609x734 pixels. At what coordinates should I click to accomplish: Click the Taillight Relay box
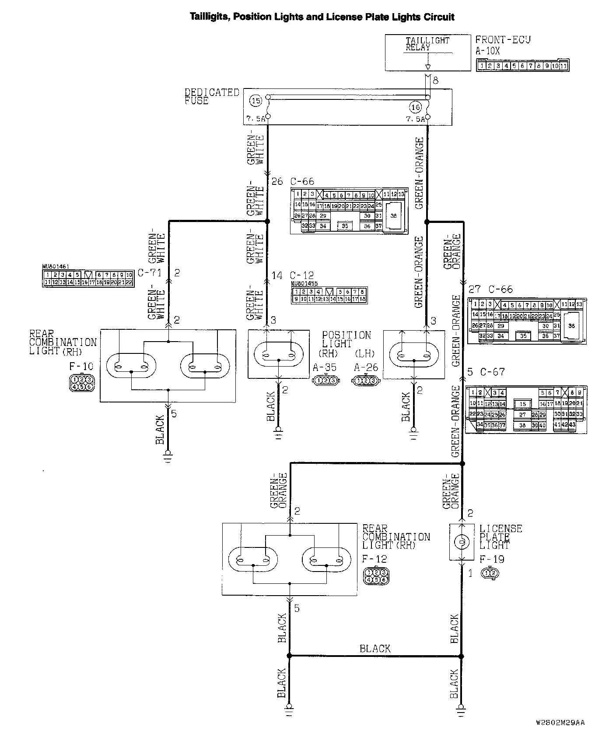tap(428, 53)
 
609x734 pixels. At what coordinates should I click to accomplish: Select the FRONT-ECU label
tap(503, 40)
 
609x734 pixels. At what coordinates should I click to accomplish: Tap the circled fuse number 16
tap(415, 106)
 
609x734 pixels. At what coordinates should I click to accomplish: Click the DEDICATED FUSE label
tap(212, 96)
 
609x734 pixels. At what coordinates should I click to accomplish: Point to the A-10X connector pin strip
tap(522, 66)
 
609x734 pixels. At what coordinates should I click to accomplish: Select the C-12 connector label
tap(302, 275)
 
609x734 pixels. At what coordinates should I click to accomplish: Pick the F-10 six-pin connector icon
tap(82, 383)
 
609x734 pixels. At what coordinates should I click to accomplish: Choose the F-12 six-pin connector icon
tap(376, 576)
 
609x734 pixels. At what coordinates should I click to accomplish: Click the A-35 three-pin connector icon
tap(325, 381)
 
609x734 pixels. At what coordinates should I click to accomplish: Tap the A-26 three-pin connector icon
tap(366, 381)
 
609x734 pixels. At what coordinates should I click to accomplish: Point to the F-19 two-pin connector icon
tap(490, 573)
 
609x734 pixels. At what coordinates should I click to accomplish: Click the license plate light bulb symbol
tap(461, 543)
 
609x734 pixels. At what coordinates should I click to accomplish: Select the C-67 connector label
tap(486, 372)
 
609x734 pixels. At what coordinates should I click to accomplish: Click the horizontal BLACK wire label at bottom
tap(375, 649)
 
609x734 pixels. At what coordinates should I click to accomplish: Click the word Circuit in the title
tap(439, 17)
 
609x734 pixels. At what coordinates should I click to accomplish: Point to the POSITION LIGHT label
tap(346, 339)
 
